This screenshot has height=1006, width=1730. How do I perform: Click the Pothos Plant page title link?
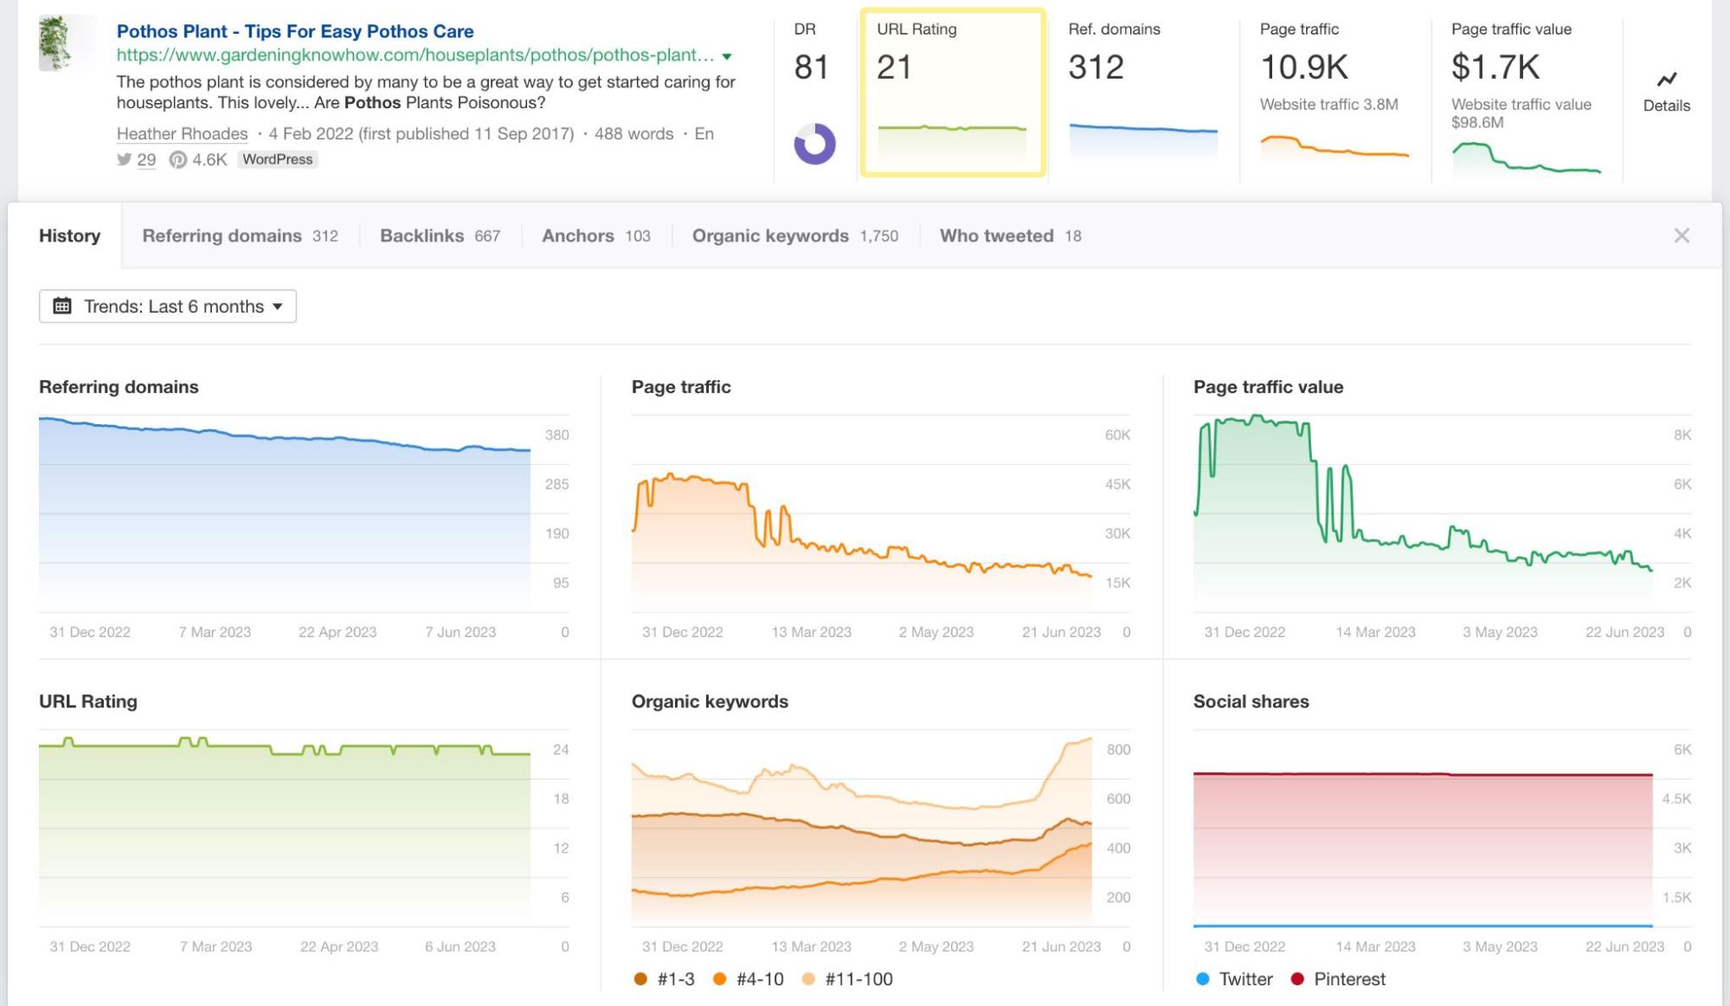[294, 31]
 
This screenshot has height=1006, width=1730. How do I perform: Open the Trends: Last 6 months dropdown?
[168, 306]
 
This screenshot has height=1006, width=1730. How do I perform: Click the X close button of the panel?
[1681, 235]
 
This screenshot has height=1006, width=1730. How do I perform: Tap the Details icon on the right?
[1666, 91]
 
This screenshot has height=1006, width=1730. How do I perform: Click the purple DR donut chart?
[814, 144]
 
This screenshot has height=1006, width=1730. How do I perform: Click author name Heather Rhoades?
[182, 134]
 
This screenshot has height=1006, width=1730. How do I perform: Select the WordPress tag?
[277, 159]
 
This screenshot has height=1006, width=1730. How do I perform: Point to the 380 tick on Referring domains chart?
[556, 435]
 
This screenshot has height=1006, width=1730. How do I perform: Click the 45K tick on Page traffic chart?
[1116, 485]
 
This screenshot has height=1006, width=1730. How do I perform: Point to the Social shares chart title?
[1251, 701]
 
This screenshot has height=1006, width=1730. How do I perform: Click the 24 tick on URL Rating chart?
[561, 750]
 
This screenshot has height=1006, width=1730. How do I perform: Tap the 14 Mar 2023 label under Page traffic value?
[1375, 632]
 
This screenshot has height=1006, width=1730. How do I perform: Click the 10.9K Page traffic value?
[1303, 67]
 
